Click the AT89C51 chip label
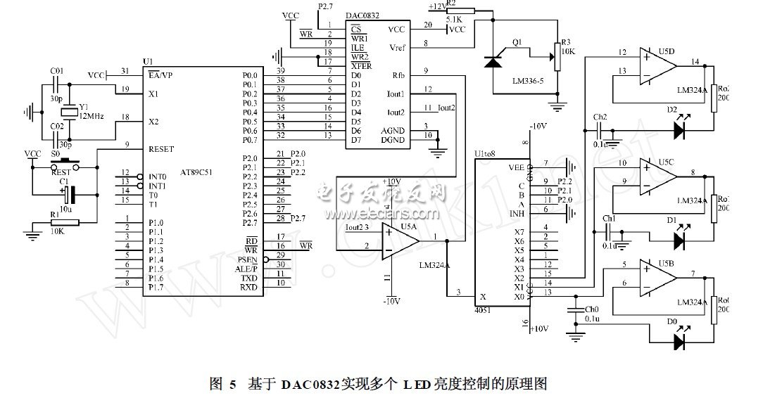pyautogui.click(x=196, y=172)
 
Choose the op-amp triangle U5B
pyautogui.click(x=656, y=276)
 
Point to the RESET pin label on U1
pyautogui.click(x=161, y=149)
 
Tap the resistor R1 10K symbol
pyautogui.click(x=64, y=223)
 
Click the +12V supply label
pyautogui.click(x=437, y=6)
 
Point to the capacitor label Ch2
pyautogui.click(x=599, y=117)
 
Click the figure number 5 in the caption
pyautogui.click(x=233, y=384)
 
